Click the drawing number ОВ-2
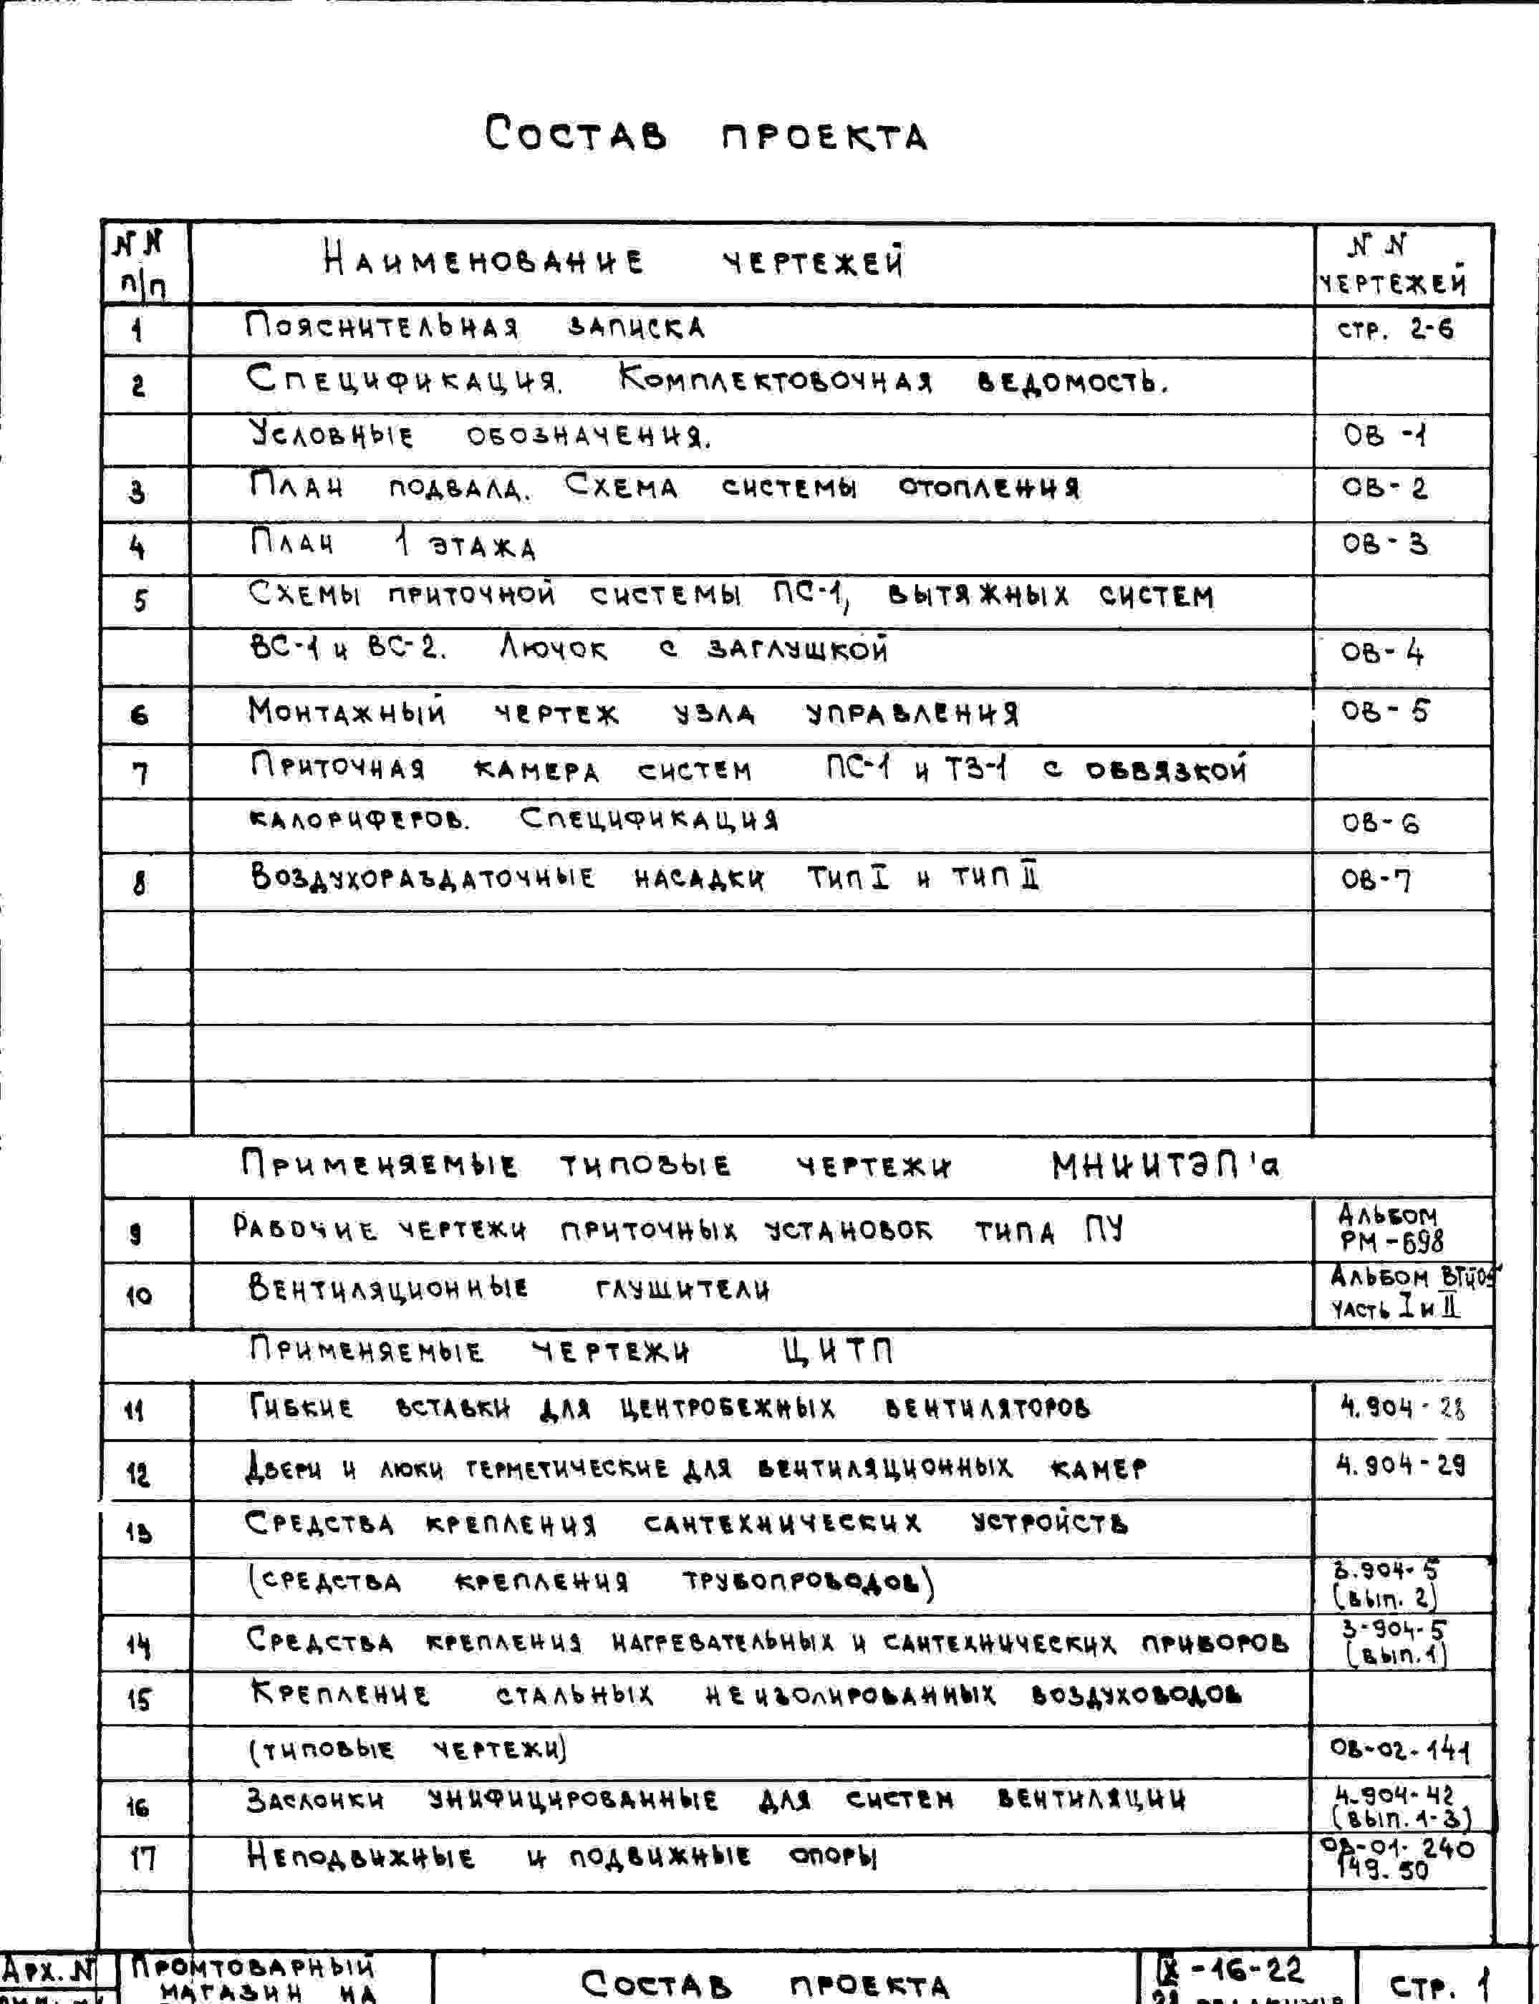pyautogui.click(x=1384, y=488)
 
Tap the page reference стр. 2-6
pyautogui.click(x=1395, y=329)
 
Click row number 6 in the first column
pyautogui.click(x=139, y=715)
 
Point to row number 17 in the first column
pyautogui.click(x=142, y=1859)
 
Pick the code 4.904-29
pyautogui.click(x=1401, y=1466)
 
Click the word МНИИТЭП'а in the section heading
pyautogui.click(x=1165, y=1166)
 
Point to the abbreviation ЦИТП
pyautogui.click(x=836, y=1351)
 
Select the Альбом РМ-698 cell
pyautogui.click(x=1391, y=1229)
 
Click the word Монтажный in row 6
pyautogui.click(x=347, y=712)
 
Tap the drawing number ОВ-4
pyautogui.click(x=1382, y=654)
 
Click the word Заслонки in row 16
pyautogui.click(x=315, y=1801)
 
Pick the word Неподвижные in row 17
pyautogui.click(x=361, y=1857)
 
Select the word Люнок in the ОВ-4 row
pyautogui.click(x=554, y=649)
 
